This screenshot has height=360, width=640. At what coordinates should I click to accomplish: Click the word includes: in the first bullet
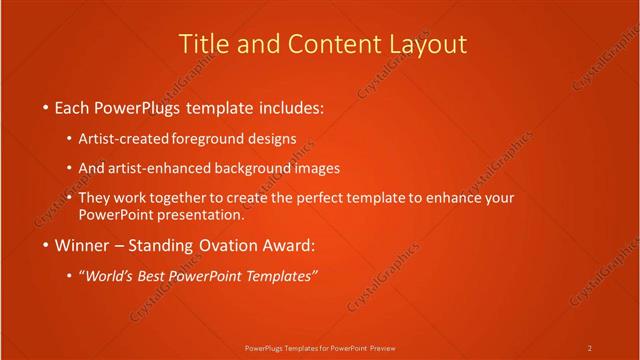point(291,107)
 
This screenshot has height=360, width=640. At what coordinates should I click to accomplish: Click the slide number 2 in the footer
point(590,347)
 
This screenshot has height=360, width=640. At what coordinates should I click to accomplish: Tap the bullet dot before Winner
point(45,246)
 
